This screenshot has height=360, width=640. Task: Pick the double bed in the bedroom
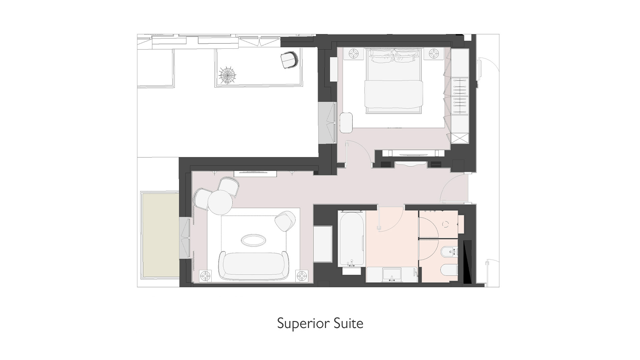tap(394, 82)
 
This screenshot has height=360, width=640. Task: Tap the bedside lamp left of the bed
tap(354, 53)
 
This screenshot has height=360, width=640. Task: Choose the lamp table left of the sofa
tap(205, 276)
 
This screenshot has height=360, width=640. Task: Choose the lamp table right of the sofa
tap(302, 276)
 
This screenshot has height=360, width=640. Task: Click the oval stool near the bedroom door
tap(346, 123)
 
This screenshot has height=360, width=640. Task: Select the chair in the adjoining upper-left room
tap(289, 60)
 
